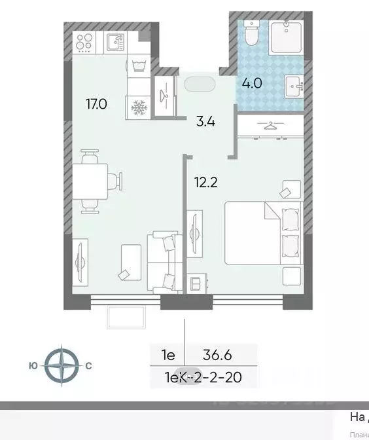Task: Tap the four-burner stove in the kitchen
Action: [x=84, y=42]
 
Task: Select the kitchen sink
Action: [x=116, y=43]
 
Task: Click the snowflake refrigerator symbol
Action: [x=139, y=107]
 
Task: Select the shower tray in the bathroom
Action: [x=287, y=37]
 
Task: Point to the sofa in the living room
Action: [x=164, y=261]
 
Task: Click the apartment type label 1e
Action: [x=168, y=356]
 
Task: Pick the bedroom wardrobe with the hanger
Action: [x=270, y=126]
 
